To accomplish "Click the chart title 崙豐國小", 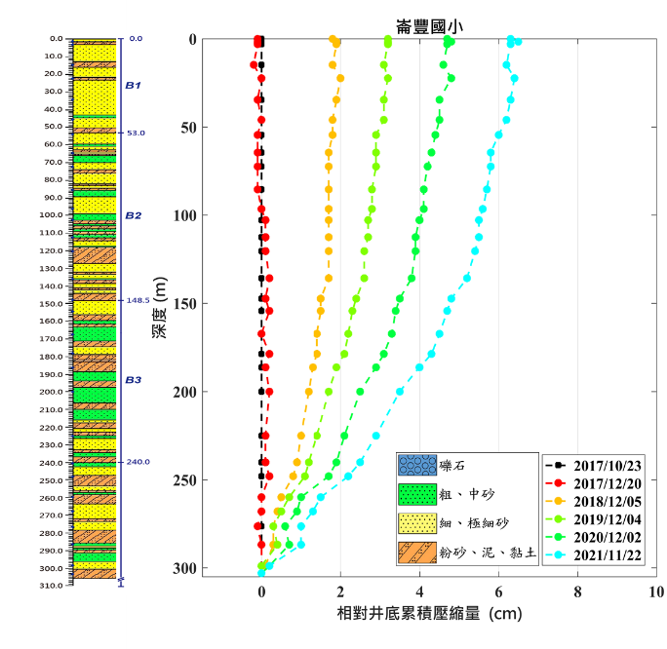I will (x=429, y=26).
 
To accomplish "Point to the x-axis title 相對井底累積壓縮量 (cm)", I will (x=429, y=615).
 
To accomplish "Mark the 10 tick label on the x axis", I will (x=656, y=592).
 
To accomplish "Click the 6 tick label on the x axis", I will (x=498, y=592).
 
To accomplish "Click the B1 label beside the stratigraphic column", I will (x=134, y=86).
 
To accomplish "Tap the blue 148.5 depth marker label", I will (x=137, y=301).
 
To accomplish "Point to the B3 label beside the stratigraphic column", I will (x=134, y=380).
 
